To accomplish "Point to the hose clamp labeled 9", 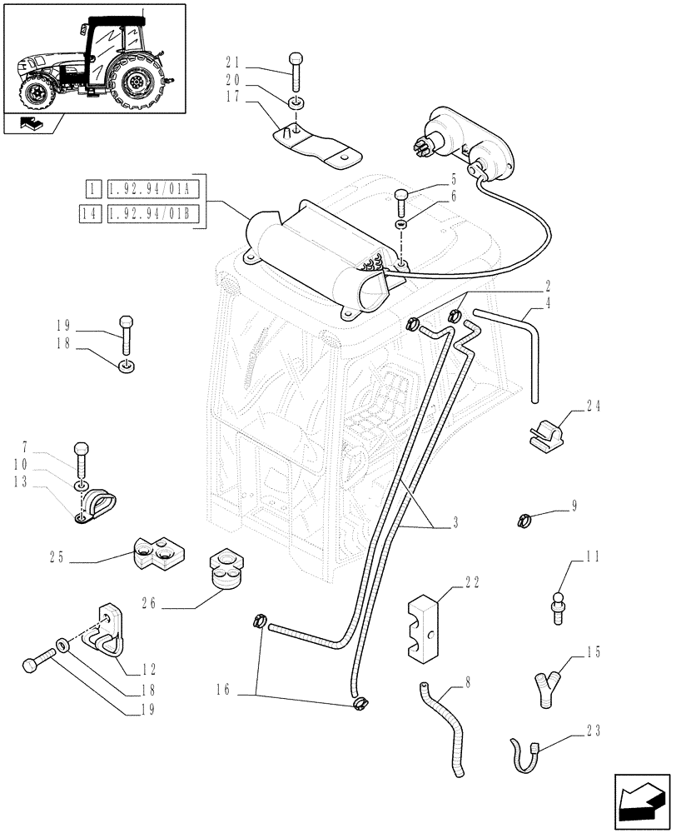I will [x=524, y=522].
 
